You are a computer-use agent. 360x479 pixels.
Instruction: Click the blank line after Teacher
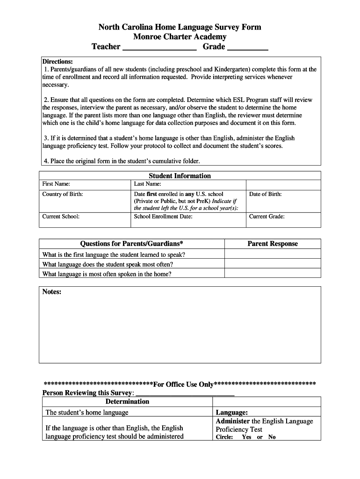click(159, 48)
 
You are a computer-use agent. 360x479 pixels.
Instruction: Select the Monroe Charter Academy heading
click(180, 37)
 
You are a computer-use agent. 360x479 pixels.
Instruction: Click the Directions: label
click(58, 61)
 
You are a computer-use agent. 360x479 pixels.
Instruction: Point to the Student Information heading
click(180, 176)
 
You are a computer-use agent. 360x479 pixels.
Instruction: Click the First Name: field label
click(56, 184)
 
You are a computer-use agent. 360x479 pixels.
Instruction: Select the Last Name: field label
click(147, 184)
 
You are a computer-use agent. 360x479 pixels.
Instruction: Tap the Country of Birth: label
click(63, 194)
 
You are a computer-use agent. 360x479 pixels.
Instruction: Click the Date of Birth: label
click(266, 194)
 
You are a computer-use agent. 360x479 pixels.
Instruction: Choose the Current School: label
click(61, 217)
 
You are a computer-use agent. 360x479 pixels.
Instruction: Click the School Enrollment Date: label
click(163, 217)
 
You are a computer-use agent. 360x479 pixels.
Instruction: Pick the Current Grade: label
click(267, 217)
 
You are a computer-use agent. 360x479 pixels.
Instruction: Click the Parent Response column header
click(273, 244)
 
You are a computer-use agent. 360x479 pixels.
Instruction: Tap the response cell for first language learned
click(273, 254)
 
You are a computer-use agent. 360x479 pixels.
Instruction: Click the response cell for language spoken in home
click(273, 274)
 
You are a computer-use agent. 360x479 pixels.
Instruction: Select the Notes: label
click(52, 292)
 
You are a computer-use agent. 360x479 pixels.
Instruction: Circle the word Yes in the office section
click(246, 437)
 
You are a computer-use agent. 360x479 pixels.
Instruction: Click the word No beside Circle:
click(272, 437)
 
